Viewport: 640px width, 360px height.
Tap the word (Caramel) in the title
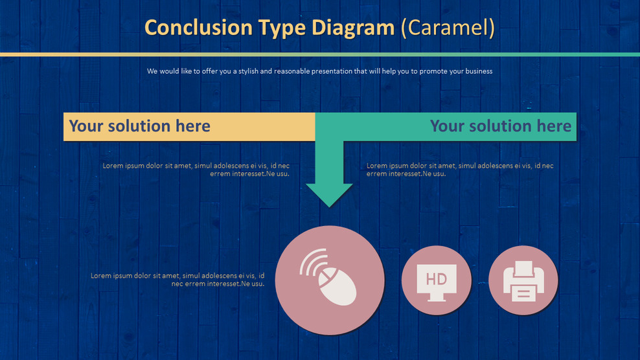point(448,28)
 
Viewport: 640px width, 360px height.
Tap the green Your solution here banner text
point(500,126)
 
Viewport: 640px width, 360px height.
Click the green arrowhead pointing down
point(329,194)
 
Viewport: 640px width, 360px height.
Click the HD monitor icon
point(437,280)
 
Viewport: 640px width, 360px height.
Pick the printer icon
point(523,280)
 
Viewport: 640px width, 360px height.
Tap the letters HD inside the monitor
point(437,278)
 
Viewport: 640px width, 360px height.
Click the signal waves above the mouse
point(312,260)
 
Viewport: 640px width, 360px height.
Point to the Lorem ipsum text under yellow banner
point(196,170)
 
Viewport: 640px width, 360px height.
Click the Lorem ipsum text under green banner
point(460,170)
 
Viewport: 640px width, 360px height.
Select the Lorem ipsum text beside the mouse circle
point(177,280)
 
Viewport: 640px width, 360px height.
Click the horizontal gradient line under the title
point(320,54)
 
